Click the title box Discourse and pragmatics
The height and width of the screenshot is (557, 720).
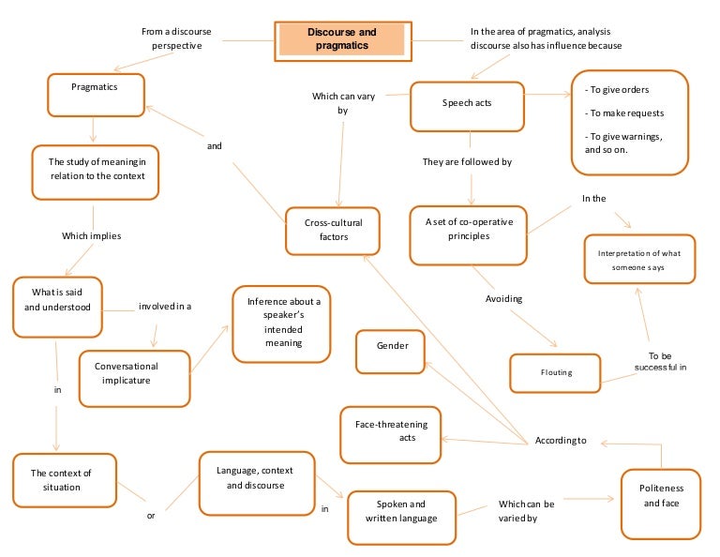click(x=341, y=39)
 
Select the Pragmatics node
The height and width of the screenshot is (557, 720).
click(x=95, y=95)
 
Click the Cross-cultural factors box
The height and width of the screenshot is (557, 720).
click(x=333, y=231)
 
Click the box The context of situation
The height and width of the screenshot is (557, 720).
click(x=65, y=480)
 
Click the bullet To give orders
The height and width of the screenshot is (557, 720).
click(x=617, y=90)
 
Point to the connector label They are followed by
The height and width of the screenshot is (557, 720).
click(x=467, y=162)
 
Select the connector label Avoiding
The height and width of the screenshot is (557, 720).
click(x=503, y=299)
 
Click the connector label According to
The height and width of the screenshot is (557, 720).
click(x=560, y=440)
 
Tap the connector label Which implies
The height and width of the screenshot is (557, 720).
click(x=91, y=235)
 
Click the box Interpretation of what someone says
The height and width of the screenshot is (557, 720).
click(x=638, y=260)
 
